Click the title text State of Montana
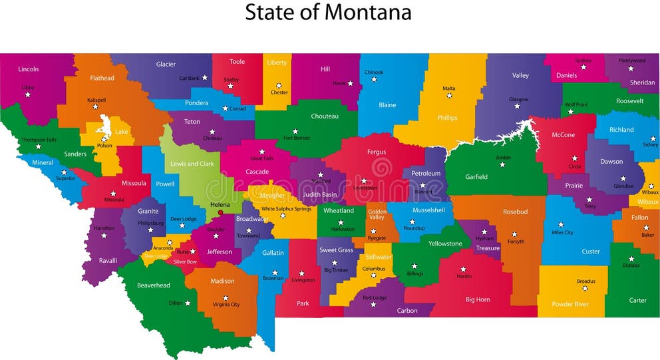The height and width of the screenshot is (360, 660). click(x=328, y=12)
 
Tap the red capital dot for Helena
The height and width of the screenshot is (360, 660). click(x=220, y=213)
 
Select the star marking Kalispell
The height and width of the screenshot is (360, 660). click(x=95, y=107)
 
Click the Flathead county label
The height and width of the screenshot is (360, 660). click(x=102, y=78)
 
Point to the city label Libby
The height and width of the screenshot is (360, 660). click(x=28, y=88)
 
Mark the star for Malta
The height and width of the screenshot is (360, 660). click(x=449, y=96)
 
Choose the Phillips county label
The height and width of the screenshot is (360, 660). click(x=447, y=118)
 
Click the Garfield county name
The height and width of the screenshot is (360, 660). click(x=476, y=177)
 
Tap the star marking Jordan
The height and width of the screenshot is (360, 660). click(x=502, y=164)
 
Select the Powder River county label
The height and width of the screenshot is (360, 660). click(x=570, y=304)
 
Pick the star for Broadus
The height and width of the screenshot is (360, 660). click(x=585, y=288)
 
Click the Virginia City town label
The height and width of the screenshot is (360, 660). click(x=226, y=305)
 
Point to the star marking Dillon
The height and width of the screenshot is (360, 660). click(x=188, y=303)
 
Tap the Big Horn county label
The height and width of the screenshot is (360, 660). click(x=478, y=299)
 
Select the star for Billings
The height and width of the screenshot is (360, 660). click(x=414, y=266)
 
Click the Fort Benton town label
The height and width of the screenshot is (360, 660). click(x=297, y=138)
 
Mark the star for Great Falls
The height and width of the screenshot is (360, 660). click(x=261, y=152)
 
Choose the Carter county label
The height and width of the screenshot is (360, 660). click(x=637, y=300)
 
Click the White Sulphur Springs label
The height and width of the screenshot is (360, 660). click(x=286, y=209)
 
